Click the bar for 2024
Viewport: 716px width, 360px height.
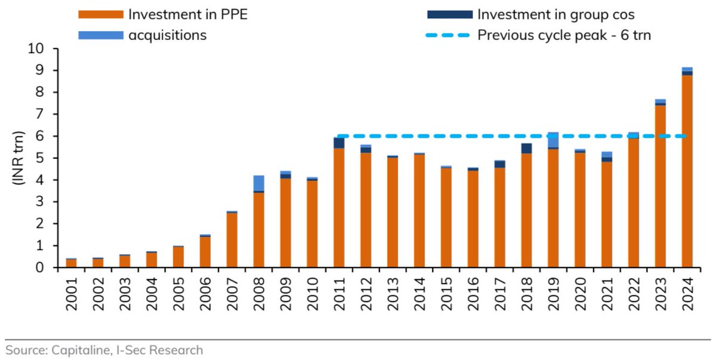point(687,173)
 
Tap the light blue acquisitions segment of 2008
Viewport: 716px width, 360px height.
point(258,183)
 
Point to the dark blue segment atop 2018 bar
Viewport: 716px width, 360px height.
point(526,149)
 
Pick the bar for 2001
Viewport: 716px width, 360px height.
point(71,263)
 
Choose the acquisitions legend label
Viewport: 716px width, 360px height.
point(168,35)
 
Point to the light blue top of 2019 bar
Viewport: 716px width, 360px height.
point(553,140)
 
